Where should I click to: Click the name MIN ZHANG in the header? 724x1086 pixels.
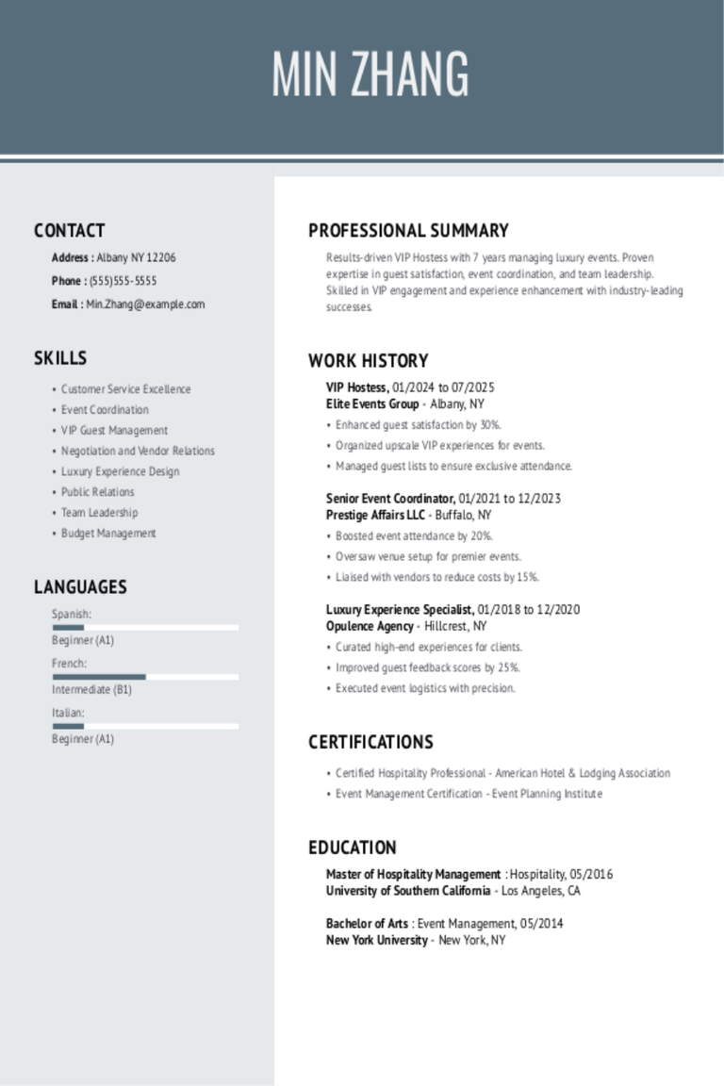(x=370, y=74)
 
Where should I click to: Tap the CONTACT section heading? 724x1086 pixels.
(x=69, y=231)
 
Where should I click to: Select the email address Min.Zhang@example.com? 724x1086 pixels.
(x=145, y=304)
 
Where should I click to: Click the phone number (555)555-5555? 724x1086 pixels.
(x=123, y=281)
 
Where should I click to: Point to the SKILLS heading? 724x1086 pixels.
(x=60, y=358)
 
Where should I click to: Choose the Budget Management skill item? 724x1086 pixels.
(x=108, y=534)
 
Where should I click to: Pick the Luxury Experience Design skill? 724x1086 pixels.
(x=120, y=471)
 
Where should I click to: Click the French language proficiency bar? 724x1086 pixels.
(x=145, y=677)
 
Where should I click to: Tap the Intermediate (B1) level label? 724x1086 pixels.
(x=91, y=690)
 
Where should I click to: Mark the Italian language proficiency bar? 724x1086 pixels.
(x=145, y=726)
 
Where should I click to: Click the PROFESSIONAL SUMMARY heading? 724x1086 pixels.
(x=408, y=231)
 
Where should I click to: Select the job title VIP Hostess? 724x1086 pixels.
(x=356, y=387)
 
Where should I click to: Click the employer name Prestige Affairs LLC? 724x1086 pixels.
(x=375, y=516)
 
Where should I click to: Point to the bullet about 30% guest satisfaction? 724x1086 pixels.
(x=419, y=425)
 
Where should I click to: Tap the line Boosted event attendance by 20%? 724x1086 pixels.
(x=414, y=536)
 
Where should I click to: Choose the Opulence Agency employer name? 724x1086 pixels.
(x=370, y=627)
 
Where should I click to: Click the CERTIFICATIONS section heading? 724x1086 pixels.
(x=370, y=742)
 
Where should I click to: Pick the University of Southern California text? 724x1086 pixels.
(x=407, y=891)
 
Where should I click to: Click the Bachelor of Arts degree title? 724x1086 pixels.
(x=367, y=924)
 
